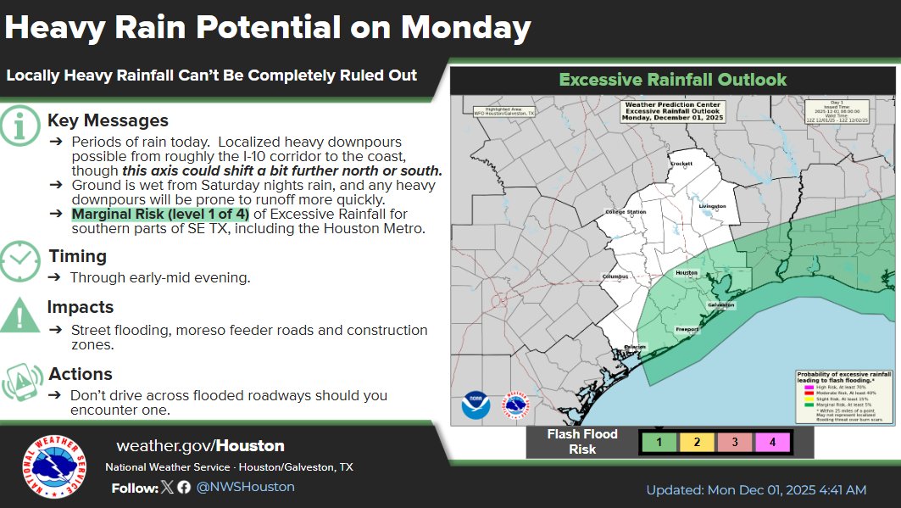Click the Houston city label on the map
[x=686, y=273]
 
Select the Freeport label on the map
[x=687, y=329]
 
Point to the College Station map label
[x=626, y=212]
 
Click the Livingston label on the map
[x=713, y=206]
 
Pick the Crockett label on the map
[x=681, y=164]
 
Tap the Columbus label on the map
[x=616, y=276]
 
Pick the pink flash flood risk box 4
[x=772, y=441]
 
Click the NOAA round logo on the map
[x=476, y=405]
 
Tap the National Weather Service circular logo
[x=53, y=467]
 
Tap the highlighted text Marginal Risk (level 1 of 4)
[x=160, y=214]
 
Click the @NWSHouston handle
[x=245, y=487]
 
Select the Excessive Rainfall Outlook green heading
[x=673, y=81]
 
